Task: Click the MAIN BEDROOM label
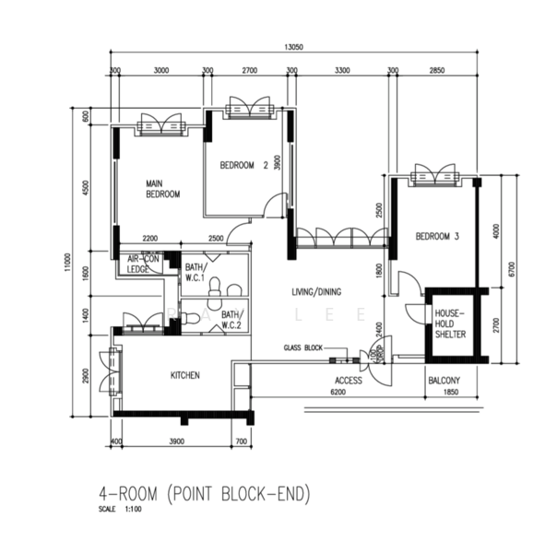click(162, 189)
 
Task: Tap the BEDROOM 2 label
click(243, 166)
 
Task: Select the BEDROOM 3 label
click(437, 237)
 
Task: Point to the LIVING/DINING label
click(316, 292)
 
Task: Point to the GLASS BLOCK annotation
click(304, 348)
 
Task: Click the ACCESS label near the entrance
click(349, 380)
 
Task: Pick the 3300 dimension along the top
click(341, 70)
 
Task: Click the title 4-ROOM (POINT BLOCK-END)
click(205, 494)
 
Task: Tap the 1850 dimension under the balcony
click(450, 393)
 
